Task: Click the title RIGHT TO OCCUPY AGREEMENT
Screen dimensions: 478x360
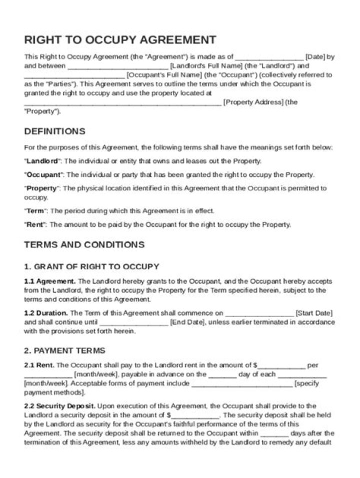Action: click(x=120, y=40)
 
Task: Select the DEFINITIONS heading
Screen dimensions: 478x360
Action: click(x=54, y=132)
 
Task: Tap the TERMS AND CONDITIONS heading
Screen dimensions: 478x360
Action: click(x=84, y=245)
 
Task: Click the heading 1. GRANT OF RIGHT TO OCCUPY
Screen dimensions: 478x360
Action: click(x=91, y=266)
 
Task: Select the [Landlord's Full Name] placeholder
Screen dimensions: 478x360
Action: click(x=206, y=66)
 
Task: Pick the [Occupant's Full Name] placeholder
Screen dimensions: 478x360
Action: click(x=164, y=75)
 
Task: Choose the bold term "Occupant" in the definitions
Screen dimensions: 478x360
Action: click(x=43, y=175)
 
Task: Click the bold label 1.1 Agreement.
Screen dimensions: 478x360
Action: click(x=50, y=281)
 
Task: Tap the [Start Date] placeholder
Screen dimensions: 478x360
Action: click(x=314, y=313)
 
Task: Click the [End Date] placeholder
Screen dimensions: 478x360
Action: click(x=187, y=322)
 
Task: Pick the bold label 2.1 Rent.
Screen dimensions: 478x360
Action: click(x=39, y=365)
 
